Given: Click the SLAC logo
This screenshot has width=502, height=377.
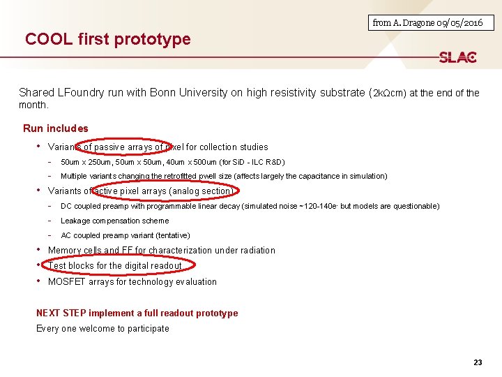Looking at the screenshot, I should tap(457, 57).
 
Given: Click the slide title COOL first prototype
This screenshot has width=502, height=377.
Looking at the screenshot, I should tap(107, 39).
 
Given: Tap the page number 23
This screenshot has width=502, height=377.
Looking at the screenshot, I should tap(478, 362).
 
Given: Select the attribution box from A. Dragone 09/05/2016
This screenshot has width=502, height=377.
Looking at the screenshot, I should tap(427, 23).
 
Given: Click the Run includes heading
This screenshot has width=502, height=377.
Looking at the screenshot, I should tap(56, 128).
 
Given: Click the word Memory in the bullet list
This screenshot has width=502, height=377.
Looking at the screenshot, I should tap(65, 250).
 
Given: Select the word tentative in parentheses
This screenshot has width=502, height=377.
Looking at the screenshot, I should tap(169, 235).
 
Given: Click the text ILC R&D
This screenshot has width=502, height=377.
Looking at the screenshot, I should tap(268, 162).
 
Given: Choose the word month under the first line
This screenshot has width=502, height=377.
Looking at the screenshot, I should tap(33, 105).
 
